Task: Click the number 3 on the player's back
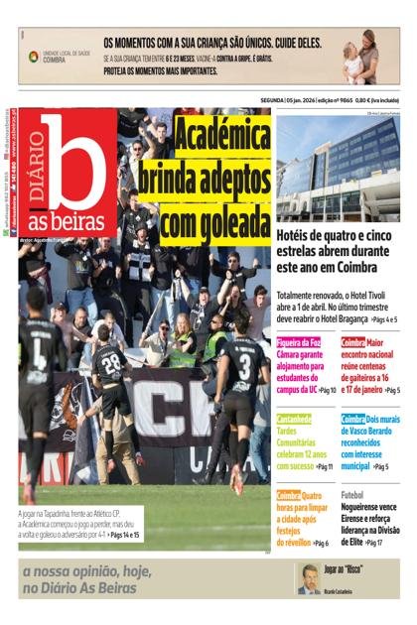[x=242, y=358]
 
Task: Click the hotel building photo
[x=338, y=169]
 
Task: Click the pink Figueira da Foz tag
[x=299, y=342]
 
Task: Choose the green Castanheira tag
[x=299, y=419]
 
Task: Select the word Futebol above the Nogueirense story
[x=352, y=494]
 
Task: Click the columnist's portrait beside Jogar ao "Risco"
[x=312, y=578]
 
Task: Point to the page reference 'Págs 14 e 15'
[x=123, y=535]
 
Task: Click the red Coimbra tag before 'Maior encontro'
[x=353, y=342]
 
